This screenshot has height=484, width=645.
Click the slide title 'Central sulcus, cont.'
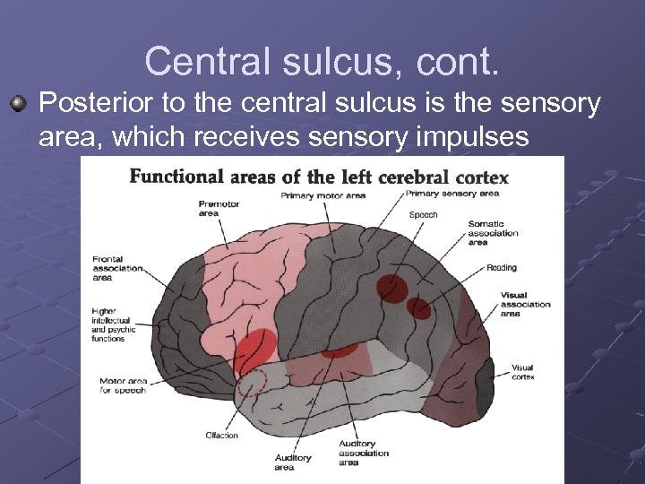tap(322, 62)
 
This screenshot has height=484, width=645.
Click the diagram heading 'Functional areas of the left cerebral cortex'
tap(319, 176)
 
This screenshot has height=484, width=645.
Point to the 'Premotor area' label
tap(219, 208)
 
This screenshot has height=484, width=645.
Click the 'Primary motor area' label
tap(322, 195)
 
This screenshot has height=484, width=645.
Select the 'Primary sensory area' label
tap(451, 193)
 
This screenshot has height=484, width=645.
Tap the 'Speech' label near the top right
tap(423, 215)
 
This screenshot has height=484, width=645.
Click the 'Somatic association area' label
tap(493, 232)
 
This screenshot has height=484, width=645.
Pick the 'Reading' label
tap(502, 267)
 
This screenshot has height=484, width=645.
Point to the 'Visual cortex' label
tap(522, 372)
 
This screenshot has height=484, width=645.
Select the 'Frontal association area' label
tap(116, 268)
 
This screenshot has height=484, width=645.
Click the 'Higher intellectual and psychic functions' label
tap(113, 325)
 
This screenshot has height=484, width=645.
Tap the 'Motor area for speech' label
tap(123, 385)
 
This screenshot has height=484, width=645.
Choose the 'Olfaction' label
tap(221, 436)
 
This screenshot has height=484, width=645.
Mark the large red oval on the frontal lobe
tap(256, 350)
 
